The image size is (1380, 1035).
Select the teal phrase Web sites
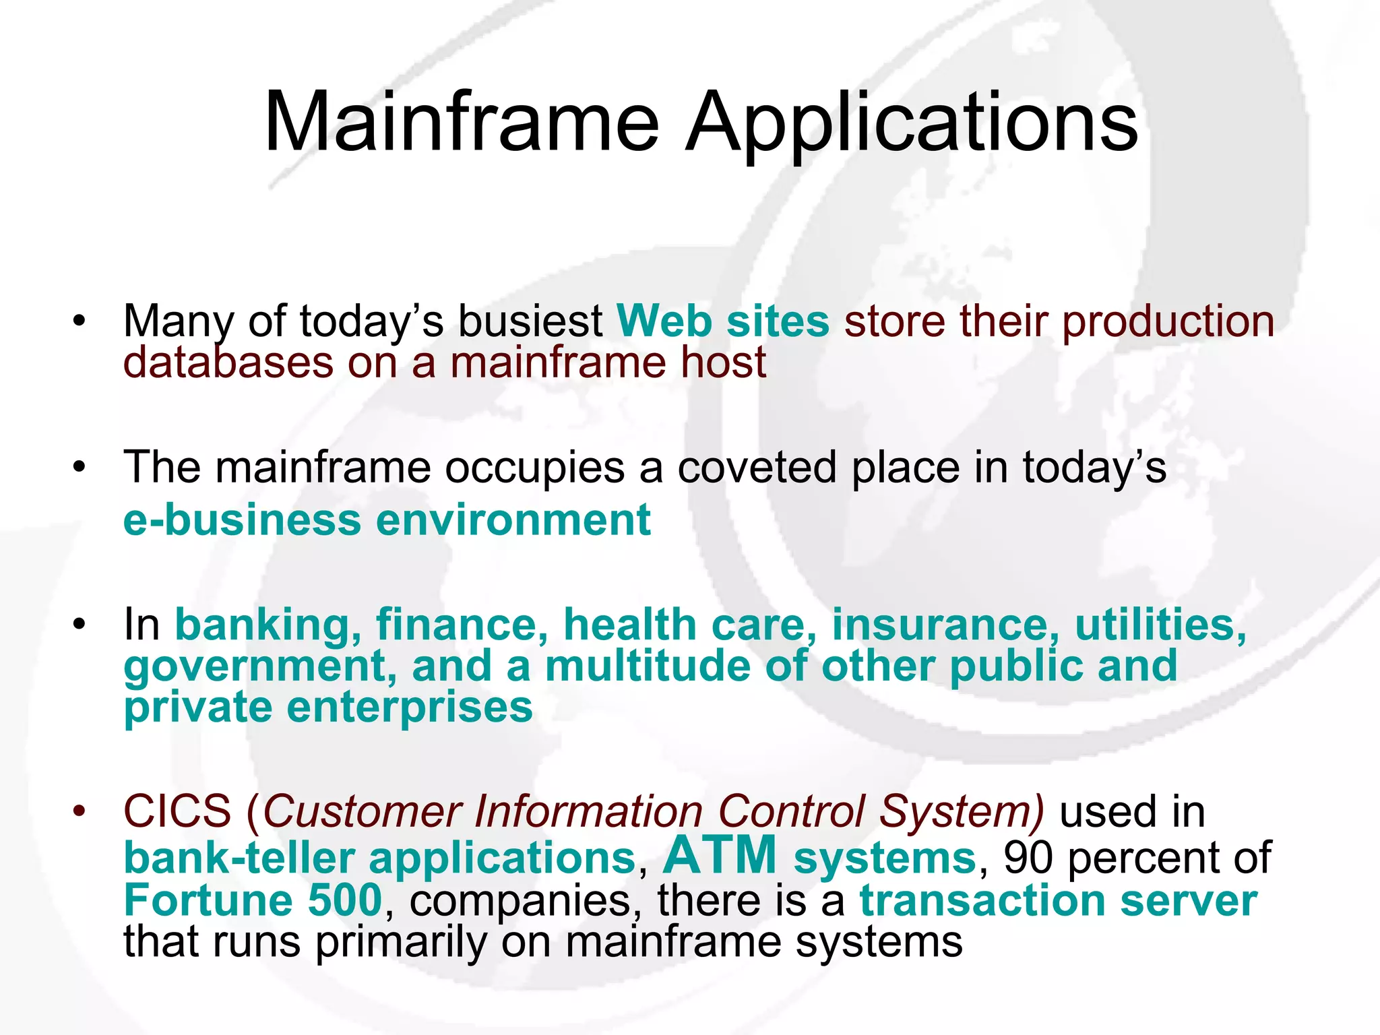point(723,321)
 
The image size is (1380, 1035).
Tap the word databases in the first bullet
point(228,363)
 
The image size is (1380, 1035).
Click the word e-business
point(243,520)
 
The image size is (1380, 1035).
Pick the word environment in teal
point(513,520)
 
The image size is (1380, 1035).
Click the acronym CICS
point(177,811)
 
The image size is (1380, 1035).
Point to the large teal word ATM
point(720,856)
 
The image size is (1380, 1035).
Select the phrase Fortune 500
point(253,900)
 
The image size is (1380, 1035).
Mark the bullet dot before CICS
point(80,811)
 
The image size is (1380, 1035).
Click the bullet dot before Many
point(80,321)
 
